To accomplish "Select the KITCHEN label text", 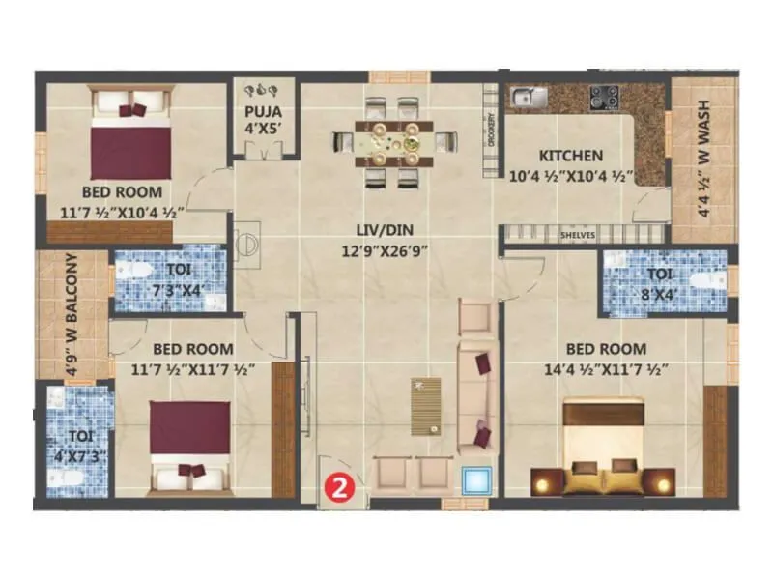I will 570,156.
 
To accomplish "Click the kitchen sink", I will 526,97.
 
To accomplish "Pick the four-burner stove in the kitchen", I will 605,96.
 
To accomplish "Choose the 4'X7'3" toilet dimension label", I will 72,449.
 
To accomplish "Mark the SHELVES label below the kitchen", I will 579,235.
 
